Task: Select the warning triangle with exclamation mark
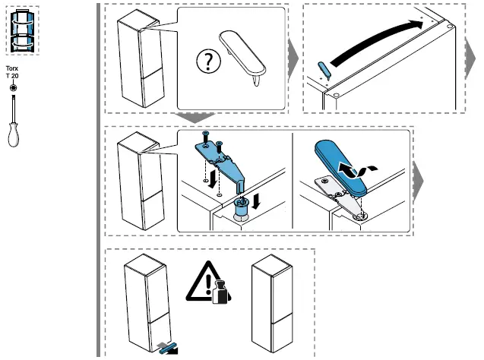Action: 202,282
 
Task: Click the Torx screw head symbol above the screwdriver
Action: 12,89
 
